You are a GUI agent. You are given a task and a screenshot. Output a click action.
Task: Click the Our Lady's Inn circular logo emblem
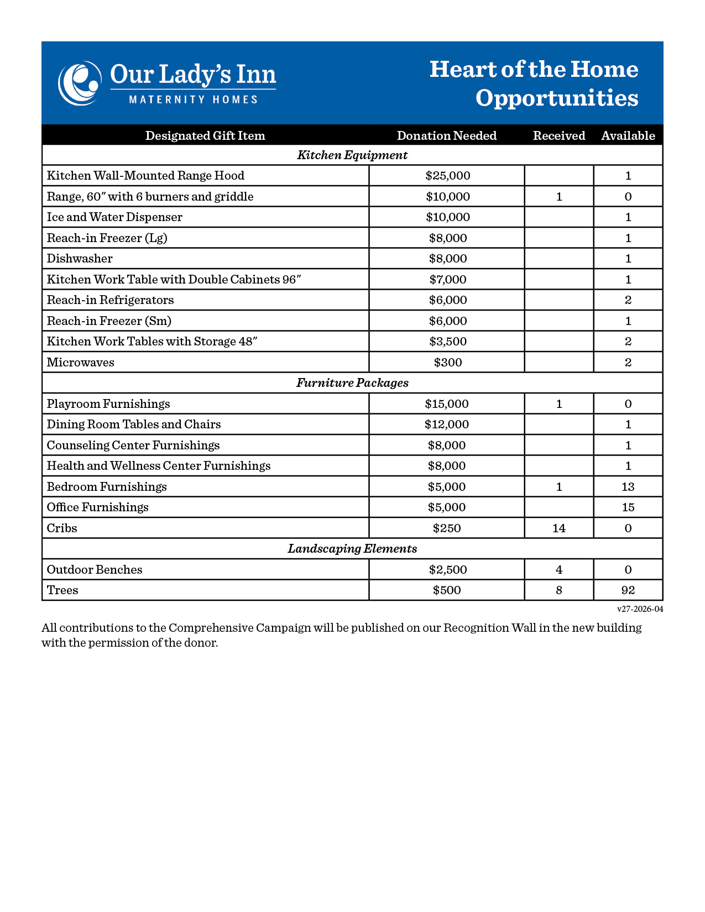(80, 83)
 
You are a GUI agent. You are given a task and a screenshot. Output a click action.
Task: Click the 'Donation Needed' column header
(447, 136)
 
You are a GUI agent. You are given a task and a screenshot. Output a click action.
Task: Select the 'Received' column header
(559, 136)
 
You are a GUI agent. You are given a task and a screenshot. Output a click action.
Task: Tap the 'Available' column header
(628, 136)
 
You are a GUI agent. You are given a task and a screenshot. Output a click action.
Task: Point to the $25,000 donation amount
(448, 176)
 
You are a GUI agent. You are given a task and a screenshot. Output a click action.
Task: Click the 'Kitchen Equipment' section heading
(352, 155)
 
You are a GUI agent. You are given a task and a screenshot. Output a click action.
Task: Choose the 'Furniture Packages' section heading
(352, 383)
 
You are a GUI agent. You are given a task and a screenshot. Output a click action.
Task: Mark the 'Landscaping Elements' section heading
(352, 549)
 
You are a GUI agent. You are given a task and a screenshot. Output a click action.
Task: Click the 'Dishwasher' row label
(80, 259)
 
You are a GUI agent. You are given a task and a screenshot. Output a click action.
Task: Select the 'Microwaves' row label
(81, 363)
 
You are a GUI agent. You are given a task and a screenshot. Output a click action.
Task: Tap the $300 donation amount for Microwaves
(448, 363)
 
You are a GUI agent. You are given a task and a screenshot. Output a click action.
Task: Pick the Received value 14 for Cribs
(559, 528)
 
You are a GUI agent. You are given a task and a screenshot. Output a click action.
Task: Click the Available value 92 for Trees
(628, 590)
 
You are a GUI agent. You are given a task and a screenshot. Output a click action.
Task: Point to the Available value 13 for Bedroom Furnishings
(628, 487)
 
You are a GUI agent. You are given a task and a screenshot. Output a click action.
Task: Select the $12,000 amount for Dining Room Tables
(447, 424)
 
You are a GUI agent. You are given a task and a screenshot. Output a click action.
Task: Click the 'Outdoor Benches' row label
(95, 570)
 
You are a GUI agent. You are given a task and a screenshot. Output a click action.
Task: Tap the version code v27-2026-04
(640, 609)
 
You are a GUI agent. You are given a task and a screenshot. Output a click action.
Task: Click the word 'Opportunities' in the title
(557, 98)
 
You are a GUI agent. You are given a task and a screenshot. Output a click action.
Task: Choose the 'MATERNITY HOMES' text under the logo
(194, 100)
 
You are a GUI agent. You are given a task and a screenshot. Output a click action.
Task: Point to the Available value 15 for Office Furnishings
(628, 507)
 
